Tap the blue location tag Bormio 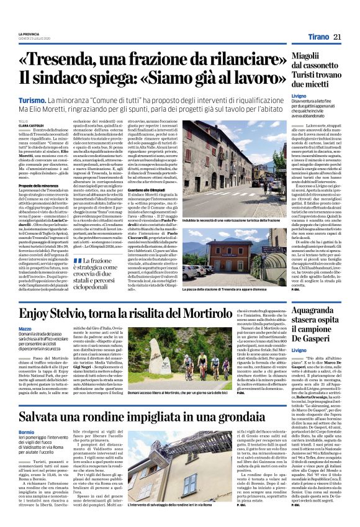(26, 430)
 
